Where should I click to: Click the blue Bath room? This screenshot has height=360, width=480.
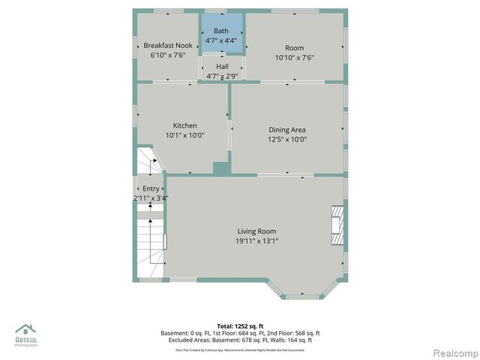point(221,34)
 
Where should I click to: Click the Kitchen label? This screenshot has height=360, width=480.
point(184,125)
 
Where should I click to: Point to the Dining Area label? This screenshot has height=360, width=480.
point(287,130)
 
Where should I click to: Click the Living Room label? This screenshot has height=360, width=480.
point(257,231)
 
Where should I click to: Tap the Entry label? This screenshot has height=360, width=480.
point(151,189)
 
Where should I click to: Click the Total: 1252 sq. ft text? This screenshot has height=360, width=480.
point(240,325)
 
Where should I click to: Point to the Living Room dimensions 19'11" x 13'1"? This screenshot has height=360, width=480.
point(257,241)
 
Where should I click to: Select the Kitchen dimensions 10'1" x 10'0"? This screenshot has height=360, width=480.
point(184,135)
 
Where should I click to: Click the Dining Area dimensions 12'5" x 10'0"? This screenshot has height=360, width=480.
point(287,139)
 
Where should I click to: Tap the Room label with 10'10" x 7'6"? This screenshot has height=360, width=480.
point(294,48)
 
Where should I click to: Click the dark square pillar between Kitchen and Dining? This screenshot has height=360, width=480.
point(220,169)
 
